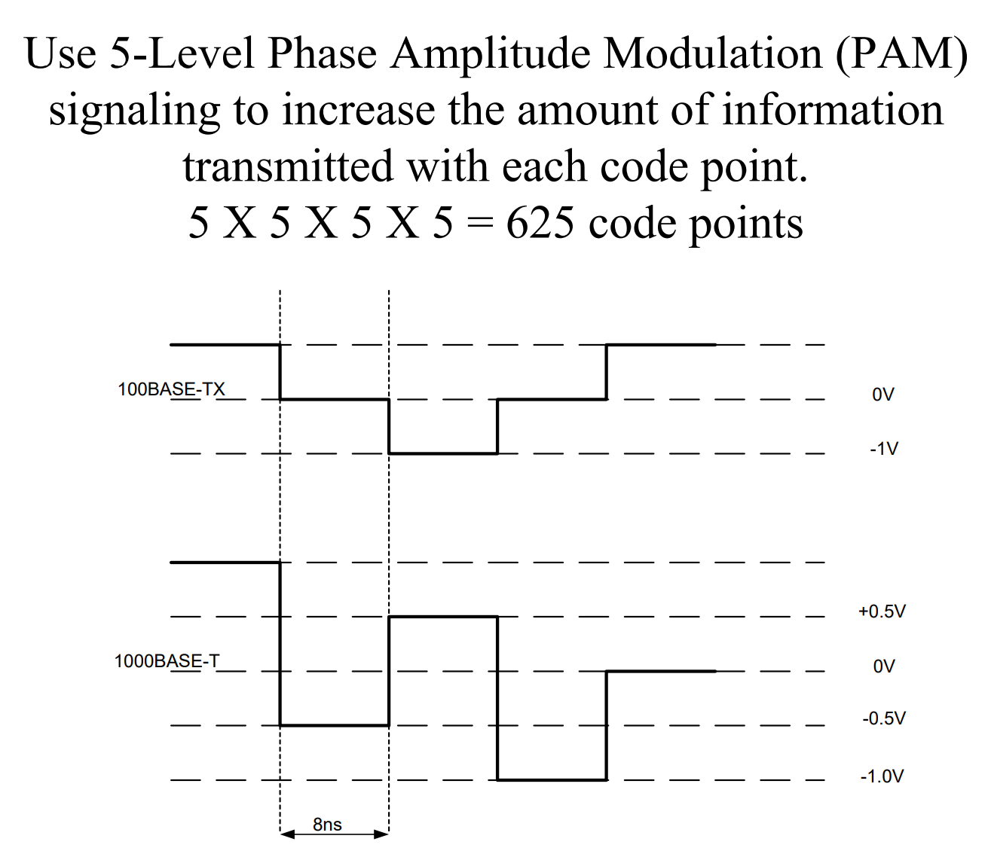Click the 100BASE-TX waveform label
171,389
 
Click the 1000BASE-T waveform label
167,661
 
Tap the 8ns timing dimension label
327,825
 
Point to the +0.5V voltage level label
882,611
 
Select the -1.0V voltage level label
882,776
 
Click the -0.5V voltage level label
883,718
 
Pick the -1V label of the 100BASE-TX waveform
883,449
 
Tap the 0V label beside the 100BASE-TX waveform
882,395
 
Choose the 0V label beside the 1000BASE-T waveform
884,666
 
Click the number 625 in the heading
541,223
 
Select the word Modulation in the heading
712,53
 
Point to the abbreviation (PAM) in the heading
901,53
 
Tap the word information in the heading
833,110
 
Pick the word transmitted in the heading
288,166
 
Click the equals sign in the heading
479,224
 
